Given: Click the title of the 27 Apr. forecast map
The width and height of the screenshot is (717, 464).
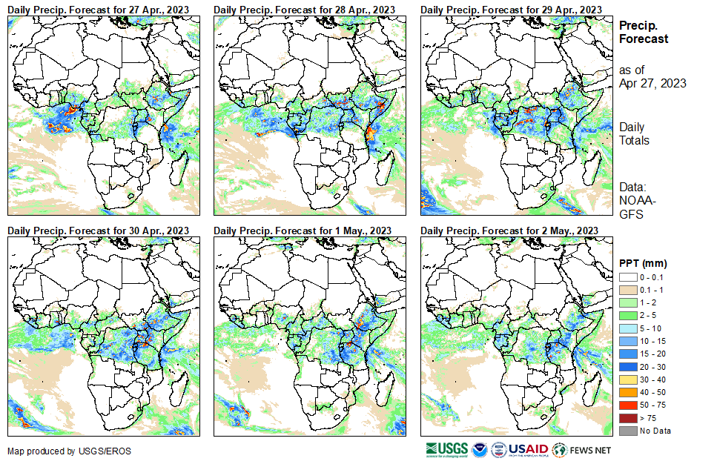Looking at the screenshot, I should (99, 9).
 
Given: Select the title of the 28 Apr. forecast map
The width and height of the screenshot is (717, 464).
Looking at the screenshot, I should (305, 9).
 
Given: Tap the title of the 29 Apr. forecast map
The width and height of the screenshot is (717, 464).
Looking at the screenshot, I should (512, 9).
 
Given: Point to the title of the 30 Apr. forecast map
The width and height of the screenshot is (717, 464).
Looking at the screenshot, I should (99, 231).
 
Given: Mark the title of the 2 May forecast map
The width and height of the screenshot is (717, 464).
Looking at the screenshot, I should (509, 231).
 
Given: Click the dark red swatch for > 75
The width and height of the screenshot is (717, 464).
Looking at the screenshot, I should (627, 418).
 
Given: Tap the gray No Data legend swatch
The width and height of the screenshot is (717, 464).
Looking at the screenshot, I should (627, 431).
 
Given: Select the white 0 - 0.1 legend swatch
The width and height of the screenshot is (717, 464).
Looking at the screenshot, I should (627, 277).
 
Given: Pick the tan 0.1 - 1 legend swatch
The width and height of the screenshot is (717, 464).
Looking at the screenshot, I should (627, 290).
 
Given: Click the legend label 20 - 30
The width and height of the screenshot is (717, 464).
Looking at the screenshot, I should (653, 367).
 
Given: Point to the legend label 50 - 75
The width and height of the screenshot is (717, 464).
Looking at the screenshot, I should (653, 405).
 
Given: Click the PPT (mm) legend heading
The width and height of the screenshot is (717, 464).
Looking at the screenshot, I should (644, 263).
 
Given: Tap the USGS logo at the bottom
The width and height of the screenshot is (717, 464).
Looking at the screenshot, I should (446, 449).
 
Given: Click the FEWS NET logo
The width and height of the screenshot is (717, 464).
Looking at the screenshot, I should (583, 449).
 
